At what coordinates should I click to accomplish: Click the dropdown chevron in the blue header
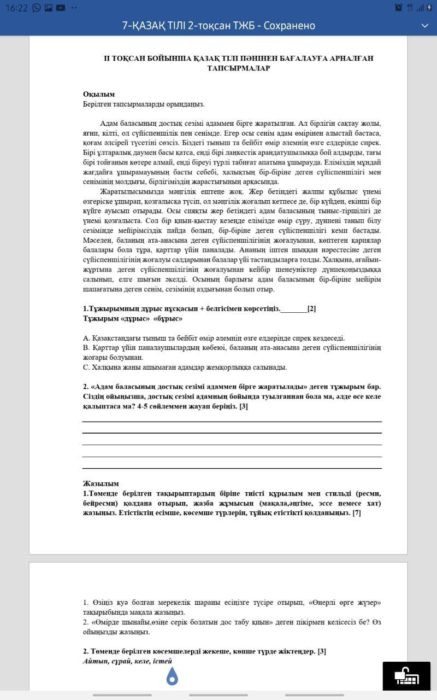[x=424, y=26]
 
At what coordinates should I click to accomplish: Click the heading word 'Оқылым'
[x=98, y=94]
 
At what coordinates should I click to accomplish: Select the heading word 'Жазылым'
[x=101, y=483]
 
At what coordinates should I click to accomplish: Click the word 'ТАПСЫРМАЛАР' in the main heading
[x=239, y=68]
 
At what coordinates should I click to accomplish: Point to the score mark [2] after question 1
[x=311, y=308]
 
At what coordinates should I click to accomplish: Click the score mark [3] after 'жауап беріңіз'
[x=244, y=406]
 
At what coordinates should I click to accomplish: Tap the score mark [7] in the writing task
[x=357, y=512]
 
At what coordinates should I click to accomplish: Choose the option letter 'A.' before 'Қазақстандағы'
[x=86, y=338]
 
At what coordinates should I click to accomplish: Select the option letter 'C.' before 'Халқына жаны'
[x=86, y=367]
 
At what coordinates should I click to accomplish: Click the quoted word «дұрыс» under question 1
[x=135, y=318]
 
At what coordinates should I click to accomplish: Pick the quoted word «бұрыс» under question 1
[x=168, y=318]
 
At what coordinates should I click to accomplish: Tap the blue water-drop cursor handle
[x=173, y=676]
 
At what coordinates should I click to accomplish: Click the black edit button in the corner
[x=406, y=676]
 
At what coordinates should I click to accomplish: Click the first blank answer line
[x=232, y=422]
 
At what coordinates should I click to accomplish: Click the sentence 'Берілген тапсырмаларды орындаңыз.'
[x=144, y=103]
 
